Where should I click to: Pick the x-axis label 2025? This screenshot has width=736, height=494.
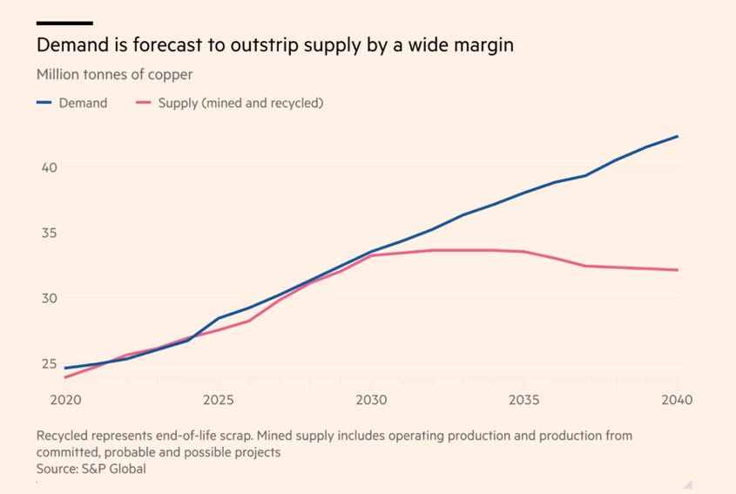point(218,400)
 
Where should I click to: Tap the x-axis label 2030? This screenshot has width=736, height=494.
point(370,400)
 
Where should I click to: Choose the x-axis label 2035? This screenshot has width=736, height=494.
point(523,400)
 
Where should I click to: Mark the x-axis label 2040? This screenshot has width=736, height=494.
point(677,400)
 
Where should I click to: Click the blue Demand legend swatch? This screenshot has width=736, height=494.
point(44,103)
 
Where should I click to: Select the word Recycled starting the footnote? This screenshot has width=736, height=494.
point(64,435)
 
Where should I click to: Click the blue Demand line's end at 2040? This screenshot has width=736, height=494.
point(678,136)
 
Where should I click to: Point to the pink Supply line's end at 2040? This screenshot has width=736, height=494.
point(678,270)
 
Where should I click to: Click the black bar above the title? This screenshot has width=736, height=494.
point(64,23)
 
